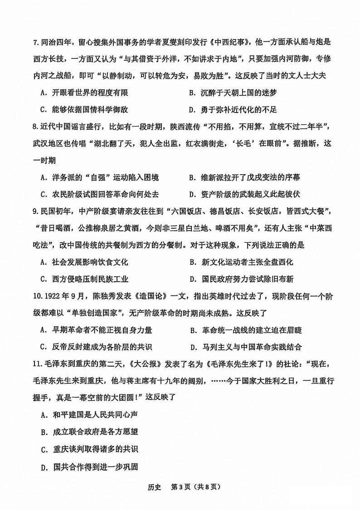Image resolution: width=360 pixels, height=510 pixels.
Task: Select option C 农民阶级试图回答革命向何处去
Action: point(99,194)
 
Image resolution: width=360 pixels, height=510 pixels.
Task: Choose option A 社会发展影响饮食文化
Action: point(84,262)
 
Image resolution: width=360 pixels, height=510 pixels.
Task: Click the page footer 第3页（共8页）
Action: point(198,487)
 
